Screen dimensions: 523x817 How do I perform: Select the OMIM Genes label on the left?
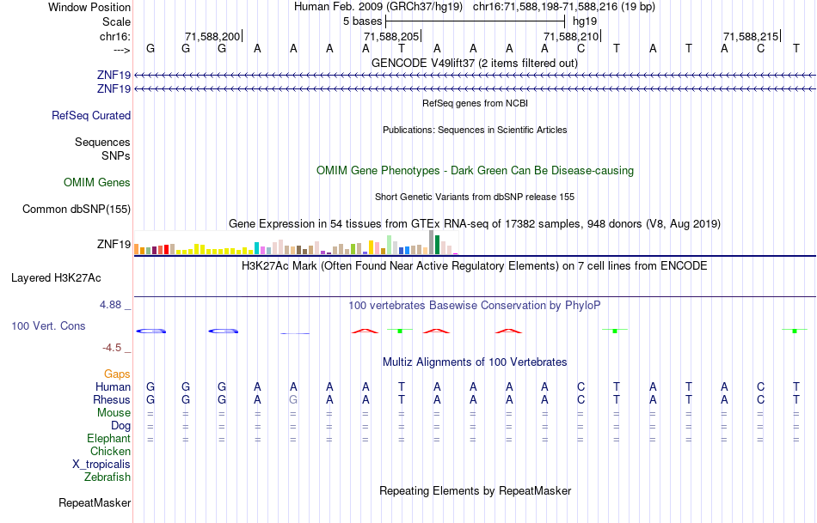pyautogui.click(x=97, y=183)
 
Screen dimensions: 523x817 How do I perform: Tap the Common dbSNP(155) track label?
pyautogui.click(x=77, y=210)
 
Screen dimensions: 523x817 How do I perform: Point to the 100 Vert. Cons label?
pyautogui.click(x=48, y=326)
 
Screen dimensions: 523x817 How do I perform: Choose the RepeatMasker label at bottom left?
pyautogui.click(x=95, y=503)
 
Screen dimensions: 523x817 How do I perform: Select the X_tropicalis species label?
pyautogui.click(x=101, y=465)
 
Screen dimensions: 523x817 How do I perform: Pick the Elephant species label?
pyautogui.click(x=108, y=439)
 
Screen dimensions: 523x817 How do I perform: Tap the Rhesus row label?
pyautogui.click(x=112, y=400)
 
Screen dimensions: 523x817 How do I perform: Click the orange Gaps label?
pyautogui.click(x=117, y=374)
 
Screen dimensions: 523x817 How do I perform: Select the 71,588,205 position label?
pyautogui.click(x=391, y=36)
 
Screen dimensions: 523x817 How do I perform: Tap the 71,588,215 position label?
pyautogui.click(x=751, y=36)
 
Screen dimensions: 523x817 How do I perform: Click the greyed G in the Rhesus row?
pyautogui.click(x=293, y=400)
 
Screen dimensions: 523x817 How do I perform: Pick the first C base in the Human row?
pyautogui.click(x=580, y=387)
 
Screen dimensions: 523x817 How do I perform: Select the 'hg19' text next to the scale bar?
pyautogui.click(x=585, y=21)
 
